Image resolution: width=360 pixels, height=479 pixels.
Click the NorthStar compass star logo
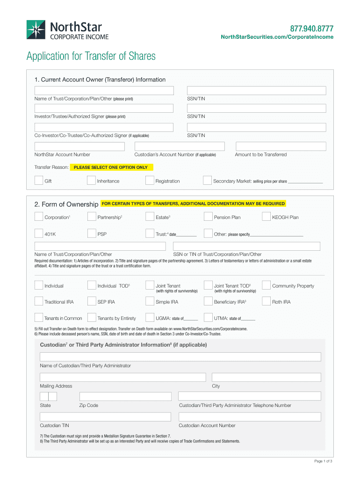click(36, 30)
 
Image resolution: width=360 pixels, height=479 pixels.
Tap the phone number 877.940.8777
click(312, 28)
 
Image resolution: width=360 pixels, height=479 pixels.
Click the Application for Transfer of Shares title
click(91, 57)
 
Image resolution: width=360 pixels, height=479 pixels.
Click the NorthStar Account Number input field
click(80, 146)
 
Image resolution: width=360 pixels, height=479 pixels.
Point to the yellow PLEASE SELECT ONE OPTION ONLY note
click(111, 167)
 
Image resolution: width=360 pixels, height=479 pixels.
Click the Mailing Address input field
click(122, 377)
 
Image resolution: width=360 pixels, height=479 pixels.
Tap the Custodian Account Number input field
click(250, 416)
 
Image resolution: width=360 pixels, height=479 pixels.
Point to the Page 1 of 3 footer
click(323, 461)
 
